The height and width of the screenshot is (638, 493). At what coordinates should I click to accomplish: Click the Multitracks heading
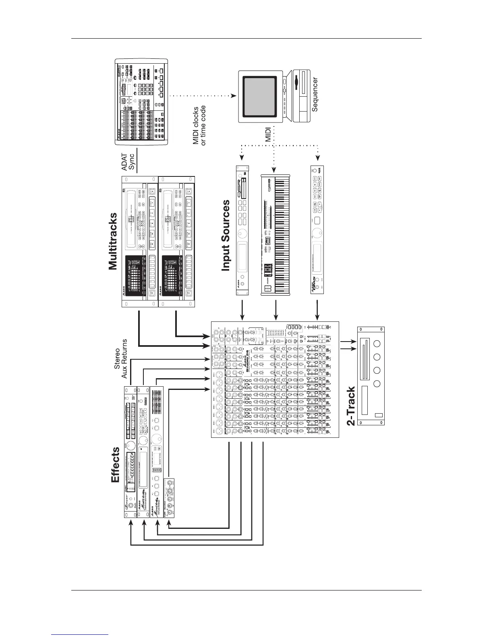(x=113, y=242)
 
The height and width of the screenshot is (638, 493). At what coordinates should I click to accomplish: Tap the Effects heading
(x=116, y=464)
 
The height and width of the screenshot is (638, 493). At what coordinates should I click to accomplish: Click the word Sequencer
(x=315, y=95)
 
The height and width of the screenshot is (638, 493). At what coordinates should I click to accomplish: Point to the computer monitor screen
(x=260, y=96)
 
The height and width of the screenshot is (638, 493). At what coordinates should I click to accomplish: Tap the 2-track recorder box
(x=371, y=375)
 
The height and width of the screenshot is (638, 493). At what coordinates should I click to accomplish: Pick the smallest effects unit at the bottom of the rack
(x=170, y=498)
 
